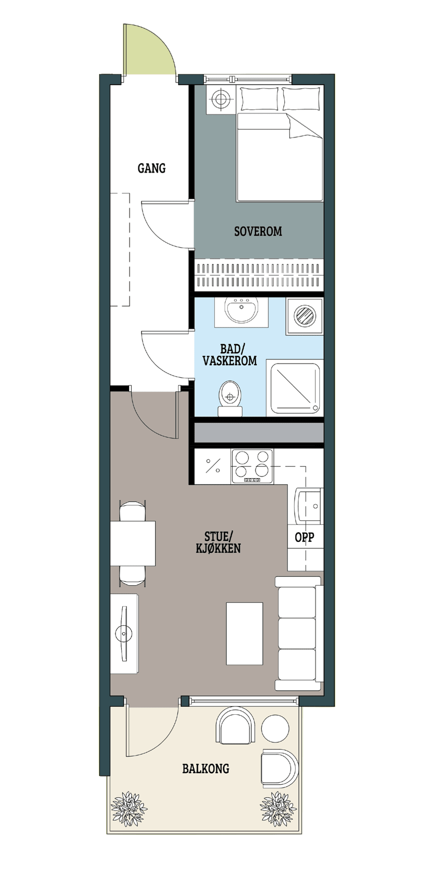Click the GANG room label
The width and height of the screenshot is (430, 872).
click(x=152, y=168)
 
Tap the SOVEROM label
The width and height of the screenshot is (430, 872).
click(x=258, y=231)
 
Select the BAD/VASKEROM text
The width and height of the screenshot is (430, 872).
click(x=229, y=355)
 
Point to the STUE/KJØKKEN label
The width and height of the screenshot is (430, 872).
click(x=218, y=542)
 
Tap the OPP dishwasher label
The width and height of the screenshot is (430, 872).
click(x=304, y=537)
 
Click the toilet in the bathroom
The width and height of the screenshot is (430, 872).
click(x=230, y=398)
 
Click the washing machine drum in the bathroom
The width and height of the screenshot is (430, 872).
click(x=305, y=316)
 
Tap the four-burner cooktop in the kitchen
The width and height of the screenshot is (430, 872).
click(x=252, y=467)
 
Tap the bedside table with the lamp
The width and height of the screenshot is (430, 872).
click(x=221, y=100)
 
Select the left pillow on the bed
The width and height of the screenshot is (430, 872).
click(x=260, y=99)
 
